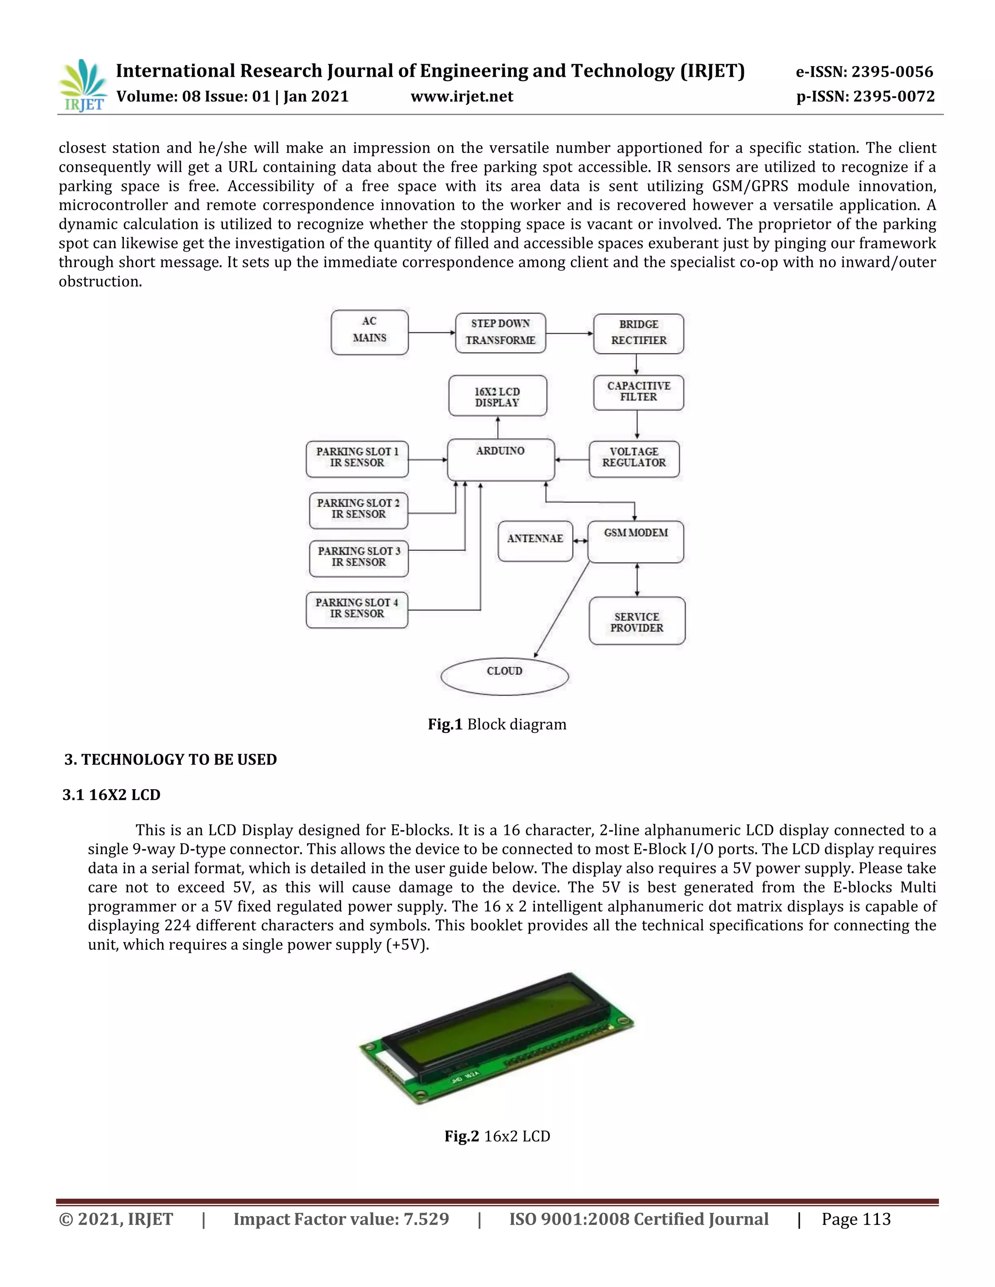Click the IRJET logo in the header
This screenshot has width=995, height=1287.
(83, 86)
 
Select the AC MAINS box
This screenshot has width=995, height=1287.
(370, 332)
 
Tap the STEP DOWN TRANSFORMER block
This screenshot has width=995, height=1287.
(500, 333)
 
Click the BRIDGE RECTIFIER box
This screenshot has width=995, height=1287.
(638, 334)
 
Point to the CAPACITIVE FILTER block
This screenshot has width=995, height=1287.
(638, 392)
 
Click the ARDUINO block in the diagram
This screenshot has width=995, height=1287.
(500, 459)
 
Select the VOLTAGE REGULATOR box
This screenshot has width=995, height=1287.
(634, 458)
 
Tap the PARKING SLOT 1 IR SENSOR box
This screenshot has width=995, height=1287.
(357, 458)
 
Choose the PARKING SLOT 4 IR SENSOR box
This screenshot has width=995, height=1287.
(357, 610)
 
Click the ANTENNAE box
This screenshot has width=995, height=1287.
(535, 541)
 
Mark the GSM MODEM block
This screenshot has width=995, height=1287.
(635, 541)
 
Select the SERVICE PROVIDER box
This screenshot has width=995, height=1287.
(636, 621)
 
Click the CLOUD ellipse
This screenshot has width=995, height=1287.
(505, 677)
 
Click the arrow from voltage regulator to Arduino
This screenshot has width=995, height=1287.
(572, 459)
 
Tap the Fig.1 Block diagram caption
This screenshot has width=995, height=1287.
(497, 724)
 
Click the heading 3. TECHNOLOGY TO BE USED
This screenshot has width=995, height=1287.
(171, 760)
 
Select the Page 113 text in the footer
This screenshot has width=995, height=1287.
(856, 1219)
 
